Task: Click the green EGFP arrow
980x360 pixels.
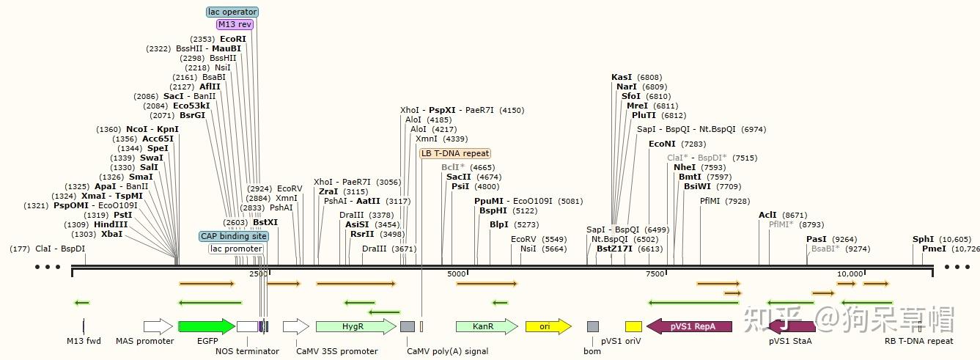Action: (206, 326)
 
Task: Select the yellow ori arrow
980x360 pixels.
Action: (548, 326)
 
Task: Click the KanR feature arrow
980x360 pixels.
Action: (486, 326)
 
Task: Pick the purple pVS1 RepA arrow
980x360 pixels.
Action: (689, 326)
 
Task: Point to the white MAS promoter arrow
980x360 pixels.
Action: (158, 326)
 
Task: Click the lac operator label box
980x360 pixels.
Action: (232, 12)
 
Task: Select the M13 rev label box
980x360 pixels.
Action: (235, 24)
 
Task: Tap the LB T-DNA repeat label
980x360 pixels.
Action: (455, 153)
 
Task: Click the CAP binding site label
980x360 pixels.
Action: (234, 236)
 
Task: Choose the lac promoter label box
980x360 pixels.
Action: (236, 249)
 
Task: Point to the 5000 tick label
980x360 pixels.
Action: (457, 273)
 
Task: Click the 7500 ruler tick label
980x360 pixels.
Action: (655, 273)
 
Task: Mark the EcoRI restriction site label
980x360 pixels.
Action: (233, 39)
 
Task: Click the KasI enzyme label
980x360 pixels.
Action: (622, 77)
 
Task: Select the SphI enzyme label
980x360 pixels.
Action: (923, 239)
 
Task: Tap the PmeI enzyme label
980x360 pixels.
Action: (934, 249)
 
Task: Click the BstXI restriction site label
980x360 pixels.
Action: (265, 221)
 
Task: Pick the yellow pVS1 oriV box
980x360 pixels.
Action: (633, 326)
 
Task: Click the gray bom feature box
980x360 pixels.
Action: (592, 326)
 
